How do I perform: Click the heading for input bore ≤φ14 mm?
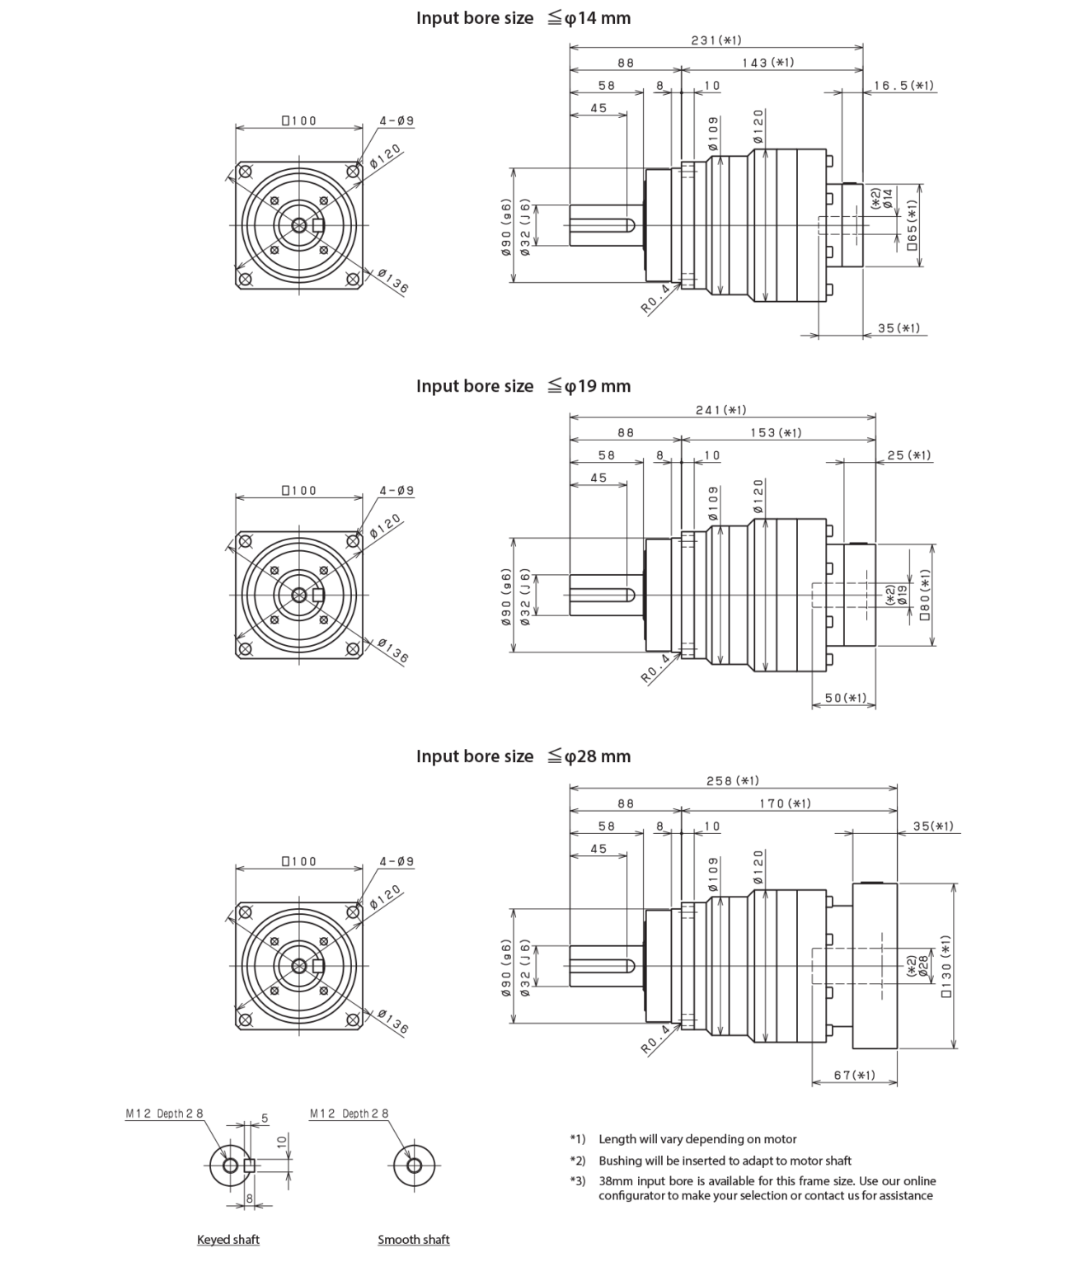pyautogui.click(x=523, y=17)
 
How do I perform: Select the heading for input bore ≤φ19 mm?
pyautogui.click(x=523, y=386)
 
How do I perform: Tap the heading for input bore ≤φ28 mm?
pyautogui.click(x=523, y=756)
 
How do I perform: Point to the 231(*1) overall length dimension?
pyautogui.click(x=715, y=40)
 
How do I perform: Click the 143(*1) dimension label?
pyautogui.click(x=767, y=63)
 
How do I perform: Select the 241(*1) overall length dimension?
pyautogui.click(x=721, y=410)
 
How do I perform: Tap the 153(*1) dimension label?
pyautogui.click(x=774, y=433)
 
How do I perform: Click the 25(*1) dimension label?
pyautogui.click(x=909, y=455)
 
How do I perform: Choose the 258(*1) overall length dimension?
pyautogui.click(x=733, y=780)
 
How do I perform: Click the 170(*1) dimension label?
pyautogui.click(x=785, y=803)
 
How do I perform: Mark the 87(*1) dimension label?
pyautogui.click(x=853, y=1076)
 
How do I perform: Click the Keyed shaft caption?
pyautogui.click(x=229, y=1240)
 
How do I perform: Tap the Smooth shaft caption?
pyautogui.click(x=414, y=1240)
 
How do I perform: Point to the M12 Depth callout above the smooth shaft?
pyautogui.click(x=350, y=1114)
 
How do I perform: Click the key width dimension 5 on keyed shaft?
pyautogui.click(x=265, y=1119)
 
